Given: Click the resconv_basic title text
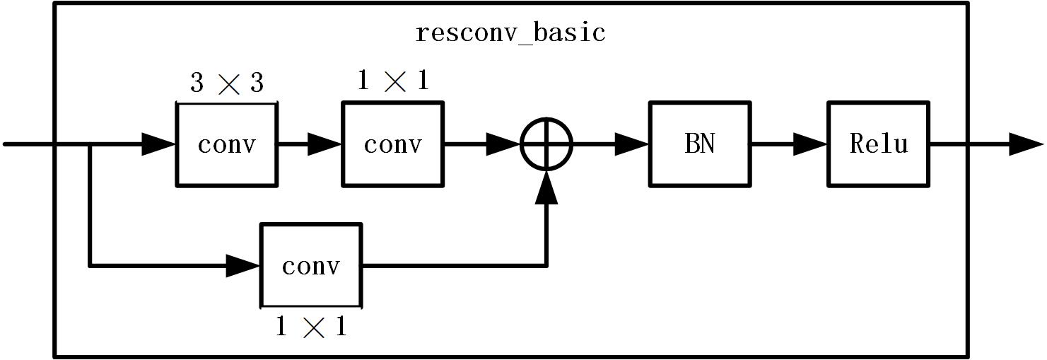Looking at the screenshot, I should [510, 33].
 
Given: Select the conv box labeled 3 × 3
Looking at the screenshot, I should [226, 144].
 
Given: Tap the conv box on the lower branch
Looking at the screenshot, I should [311, 266].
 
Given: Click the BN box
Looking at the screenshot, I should [700, 144].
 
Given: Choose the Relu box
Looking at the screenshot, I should [878, 144].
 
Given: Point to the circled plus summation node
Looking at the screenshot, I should [546, 144].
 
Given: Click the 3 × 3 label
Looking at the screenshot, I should [226, 83].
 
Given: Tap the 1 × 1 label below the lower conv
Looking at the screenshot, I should [311, 327].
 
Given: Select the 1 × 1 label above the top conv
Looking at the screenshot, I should [393, 81].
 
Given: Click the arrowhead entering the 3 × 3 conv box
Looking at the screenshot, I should [159, 144].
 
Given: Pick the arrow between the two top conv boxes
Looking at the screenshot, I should [310, 144].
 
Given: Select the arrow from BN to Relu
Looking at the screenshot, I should [789, 144].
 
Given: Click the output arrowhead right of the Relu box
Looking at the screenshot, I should [1025, 144].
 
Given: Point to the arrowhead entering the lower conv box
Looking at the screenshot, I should [243, 266].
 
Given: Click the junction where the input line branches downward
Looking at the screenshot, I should [90, 144].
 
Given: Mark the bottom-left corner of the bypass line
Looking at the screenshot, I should [90, 266].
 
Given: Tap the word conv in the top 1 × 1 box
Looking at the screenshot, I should [393, 144].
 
